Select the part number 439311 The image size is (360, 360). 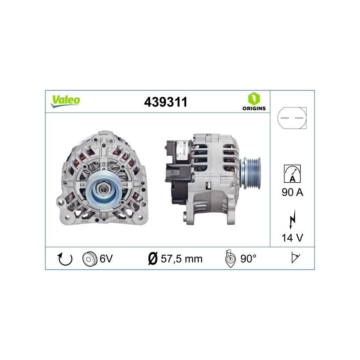click(x=165, y=102)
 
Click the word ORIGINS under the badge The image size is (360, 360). click(x=254, y=108)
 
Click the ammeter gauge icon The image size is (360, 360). click(x=292, y=173)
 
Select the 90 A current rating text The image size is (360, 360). click(x=292, y=193)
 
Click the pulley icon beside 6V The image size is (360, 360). click(x=90, y=259)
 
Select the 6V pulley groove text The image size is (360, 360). click(x=106, y=259)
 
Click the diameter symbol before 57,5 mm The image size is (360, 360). click(x=153, y=259)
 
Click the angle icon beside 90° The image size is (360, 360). click(x=230, y=259)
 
